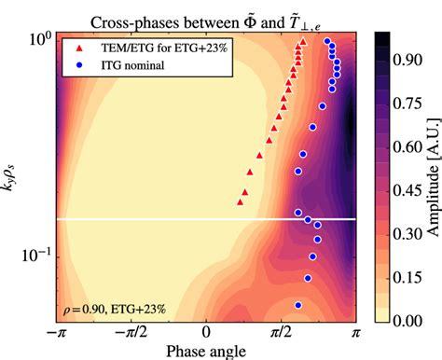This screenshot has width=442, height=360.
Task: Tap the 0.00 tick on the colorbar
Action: pos(403,320)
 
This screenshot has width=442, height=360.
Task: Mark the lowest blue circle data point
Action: pos(298,305)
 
